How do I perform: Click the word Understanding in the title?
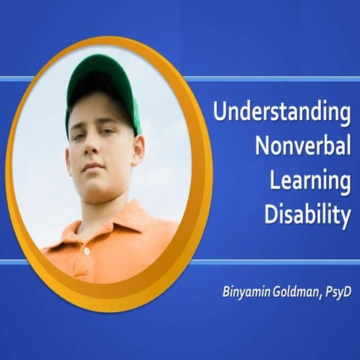pos(282,115)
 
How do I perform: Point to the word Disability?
pos(307,216)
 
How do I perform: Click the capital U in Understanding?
pos(220,113)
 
